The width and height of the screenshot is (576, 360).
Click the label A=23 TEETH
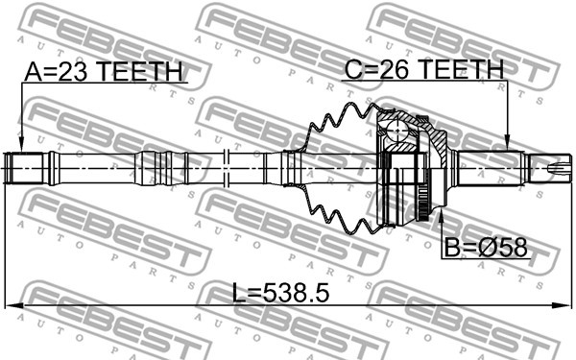pos(104,71)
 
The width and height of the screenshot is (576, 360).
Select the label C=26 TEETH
pos(424,69)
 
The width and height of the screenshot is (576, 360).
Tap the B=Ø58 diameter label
pos(486,248)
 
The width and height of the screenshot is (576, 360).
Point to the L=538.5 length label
pos(280,293)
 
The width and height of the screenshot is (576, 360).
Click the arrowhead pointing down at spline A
pos(22,144)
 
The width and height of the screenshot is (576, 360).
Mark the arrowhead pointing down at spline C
pos(507,142)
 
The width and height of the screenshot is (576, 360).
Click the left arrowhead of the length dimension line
pos(13,305)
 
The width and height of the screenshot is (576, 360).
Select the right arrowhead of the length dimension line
pos(563,305)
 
